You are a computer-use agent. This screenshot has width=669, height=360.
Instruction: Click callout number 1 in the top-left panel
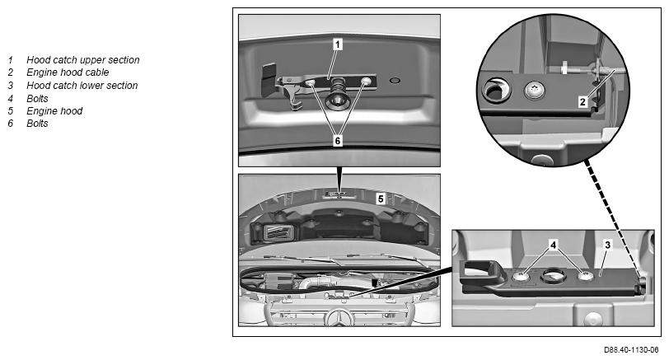pyautogui.click(x=338, y=44)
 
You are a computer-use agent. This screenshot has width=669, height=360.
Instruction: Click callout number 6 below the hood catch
pyautogui.click(x=338, y=140)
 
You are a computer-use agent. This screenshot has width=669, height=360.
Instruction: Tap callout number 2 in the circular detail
pyautogui.click(x=582, y=101)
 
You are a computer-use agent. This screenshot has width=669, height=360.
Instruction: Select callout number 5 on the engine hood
pyautogui.click(x=381, y=199)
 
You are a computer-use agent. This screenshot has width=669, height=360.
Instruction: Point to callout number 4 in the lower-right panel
pyautogui.click(x=554, y=245)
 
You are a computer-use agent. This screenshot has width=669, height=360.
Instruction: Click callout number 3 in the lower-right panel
pyautogui.click(x=607, y=245)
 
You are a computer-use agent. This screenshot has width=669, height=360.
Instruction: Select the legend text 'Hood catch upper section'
pyautogui.click(x=82, y=60)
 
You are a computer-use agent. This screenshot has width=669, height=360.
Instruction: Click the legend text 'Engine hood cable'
pyautogui.click(x=68, y=72)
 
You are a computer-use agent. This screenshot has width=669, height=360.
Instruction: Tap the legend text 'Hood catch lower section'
pyautogui.click(x=82, y=86)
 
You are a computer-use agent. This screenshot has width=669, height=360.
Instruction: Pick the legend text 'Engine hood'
pyautogui.click(x=54, y=111)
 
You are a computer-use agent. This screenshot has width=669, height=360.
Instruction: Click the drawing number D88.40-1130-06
pyautogui.click(x=631, y=350)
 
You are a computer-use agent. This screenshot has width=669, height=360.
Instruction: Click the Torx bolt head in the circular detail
pyautogui.click(x=534, y=91)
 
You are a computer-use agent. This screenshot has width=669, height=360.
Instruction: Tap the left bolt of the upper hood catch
pyautogui.click(x=310, y=82)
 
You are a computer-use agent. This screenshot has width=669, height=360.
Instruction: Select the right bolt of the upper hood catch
pyautogui.click(x=366, y=81)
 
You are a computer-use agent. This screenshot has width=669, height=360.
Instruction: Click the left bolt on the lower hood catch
pyautogui.click(x=521, y=277)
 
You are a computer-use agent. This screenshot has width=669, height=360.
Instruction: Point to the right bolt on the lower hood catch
pyautogui.click(x=585, y=276)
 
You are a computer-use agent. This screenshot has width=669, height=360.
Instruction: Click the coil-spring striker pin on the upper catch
pyautogui.click(x=338, y=94)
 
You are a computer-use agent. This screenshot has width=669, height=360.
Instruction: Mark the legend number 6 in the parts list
pyautogui.click(x=10, y=124)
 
